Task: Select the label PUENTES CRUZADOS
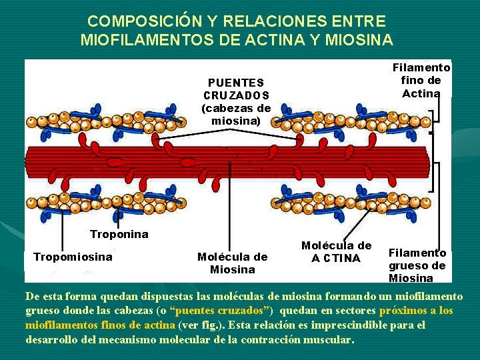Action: [x=236, y=89]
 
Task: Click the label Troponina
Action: [x=119, y=235]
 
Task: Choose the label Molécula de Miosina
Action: [x=232, y=263]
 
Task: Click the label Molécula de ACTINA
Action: [x=336, y=251]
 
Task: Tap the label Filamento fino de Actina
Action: [x=421, y=80]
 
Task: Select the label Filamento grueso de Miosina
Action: [x=417, y=265]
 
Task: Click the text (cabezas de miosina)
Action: [x=236, y=114]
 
